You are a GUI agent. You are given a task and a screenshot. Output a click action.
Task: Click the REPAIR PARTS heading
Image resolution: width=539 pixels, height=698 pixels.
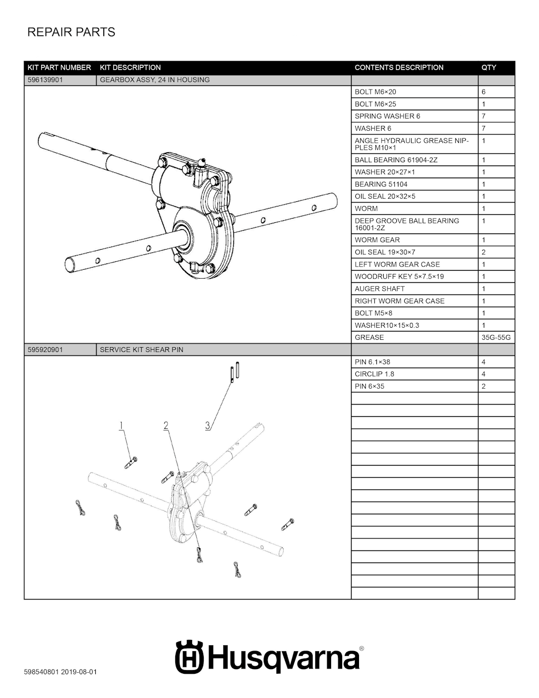click(x=71, y=32)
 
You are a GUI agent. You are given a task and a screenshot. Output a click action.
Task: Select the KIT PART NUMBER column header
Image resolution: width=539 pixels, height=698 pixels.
click(x=59, y=67)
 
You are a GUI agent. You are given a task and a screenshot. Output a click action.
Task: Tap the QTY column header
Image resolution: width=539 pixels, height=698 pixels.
click(x=488, y=67)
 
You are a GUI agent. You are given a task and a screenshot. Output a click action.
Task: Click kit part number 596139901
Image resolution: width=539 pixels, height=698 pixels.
click(x=45, y=80)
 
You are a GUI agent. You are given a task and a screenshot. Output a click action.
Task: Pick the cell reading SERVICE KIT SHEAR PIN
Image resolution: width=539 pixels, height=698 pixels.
click(x=142, y=350)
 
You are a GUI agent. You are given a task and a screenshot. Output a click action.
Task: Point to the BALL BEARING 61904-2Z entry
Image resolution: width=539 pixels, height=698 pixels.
click(x=396, y=160)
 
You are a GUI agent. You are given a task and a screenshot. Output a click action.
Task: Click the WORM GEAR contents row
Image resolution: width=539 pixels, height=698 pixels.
click(x=377, y=240)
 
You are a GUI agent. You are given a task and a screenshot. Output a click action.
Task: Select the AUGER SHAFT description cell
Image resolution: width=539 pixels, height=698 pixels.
click(x=380, y=289)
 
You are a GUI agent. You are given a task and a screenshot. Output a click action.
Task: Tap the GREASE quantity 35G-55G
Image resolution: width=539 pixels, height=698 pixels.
click(x=496, y=338)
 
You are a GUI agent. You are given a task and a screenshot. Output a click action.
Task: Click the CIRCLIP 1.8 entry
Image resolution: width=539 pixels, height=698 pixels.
click(x=374, y=374)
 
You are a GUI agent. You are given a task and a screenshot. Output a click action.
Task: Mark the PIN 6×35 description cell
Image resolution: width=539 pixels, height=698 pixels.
click(x=370, y=386)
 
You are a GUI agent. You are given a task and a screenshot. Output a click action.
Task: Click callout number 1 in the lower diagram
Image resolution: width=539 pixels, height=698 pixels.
click(x=121, y=425)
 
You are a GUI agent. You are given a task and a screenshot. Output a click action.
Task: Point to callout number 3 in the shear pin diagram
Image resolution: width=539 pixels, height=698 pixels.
click(x=208, y=425)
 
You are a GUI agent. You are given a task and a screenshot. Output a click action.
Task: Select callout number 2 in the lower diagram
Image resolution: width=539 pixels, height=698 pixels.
click(x=166, y=425)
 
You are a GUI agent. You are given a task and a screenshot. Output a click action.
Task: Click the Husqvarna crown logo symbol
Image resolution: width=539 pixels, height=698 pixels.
click(x=189, y=656)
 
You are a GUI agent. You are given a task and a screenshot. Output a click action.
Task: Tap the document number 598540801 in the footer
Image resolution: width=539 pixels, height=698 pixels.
click(x=42, y=672)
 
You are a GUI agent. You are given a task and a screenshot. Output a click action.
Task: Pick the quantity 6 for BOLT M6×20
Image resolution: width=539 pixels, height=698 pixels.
click(x=484, y=92)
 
